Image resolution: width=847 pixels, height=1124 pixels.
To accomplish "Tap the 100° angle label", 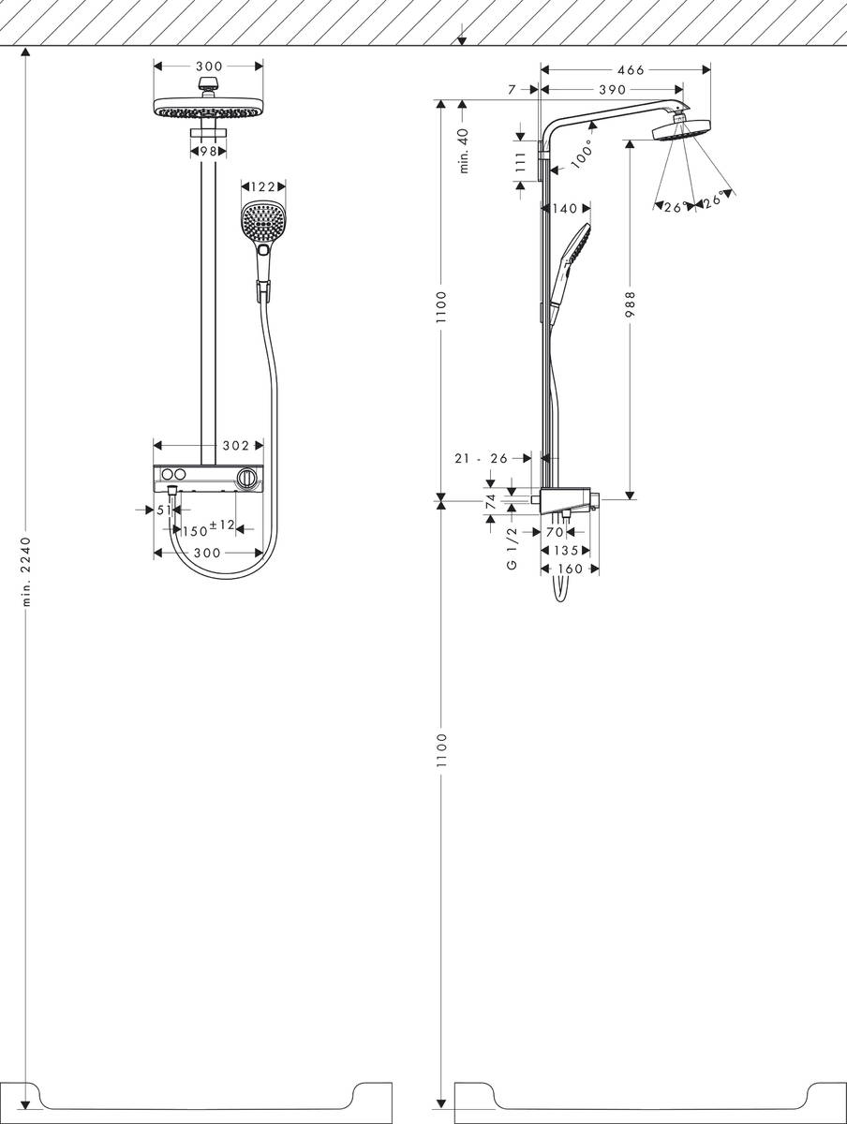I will point(580,155).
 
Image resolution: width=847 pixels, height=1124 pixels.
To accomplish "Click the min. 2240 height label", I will point(27,572).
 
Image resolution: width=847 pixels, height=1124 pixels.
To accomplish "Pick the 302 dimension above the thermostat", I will point(234,446).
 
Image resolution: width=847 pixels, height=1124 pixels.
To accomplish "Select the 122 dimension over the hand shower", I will point(263,187).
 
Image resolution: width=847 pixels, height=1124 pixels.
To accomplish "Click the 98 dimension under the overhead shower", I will point(208,150).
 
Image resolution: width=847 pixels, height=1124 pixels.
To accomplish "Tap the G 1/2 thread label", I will point(513,548).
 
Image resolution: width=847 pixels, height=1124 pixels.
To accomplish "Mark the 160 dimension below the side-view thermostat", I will point(570,569).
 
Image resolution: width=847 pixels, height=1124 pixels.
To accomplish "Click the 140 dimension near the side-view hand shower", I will point(565,208).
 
